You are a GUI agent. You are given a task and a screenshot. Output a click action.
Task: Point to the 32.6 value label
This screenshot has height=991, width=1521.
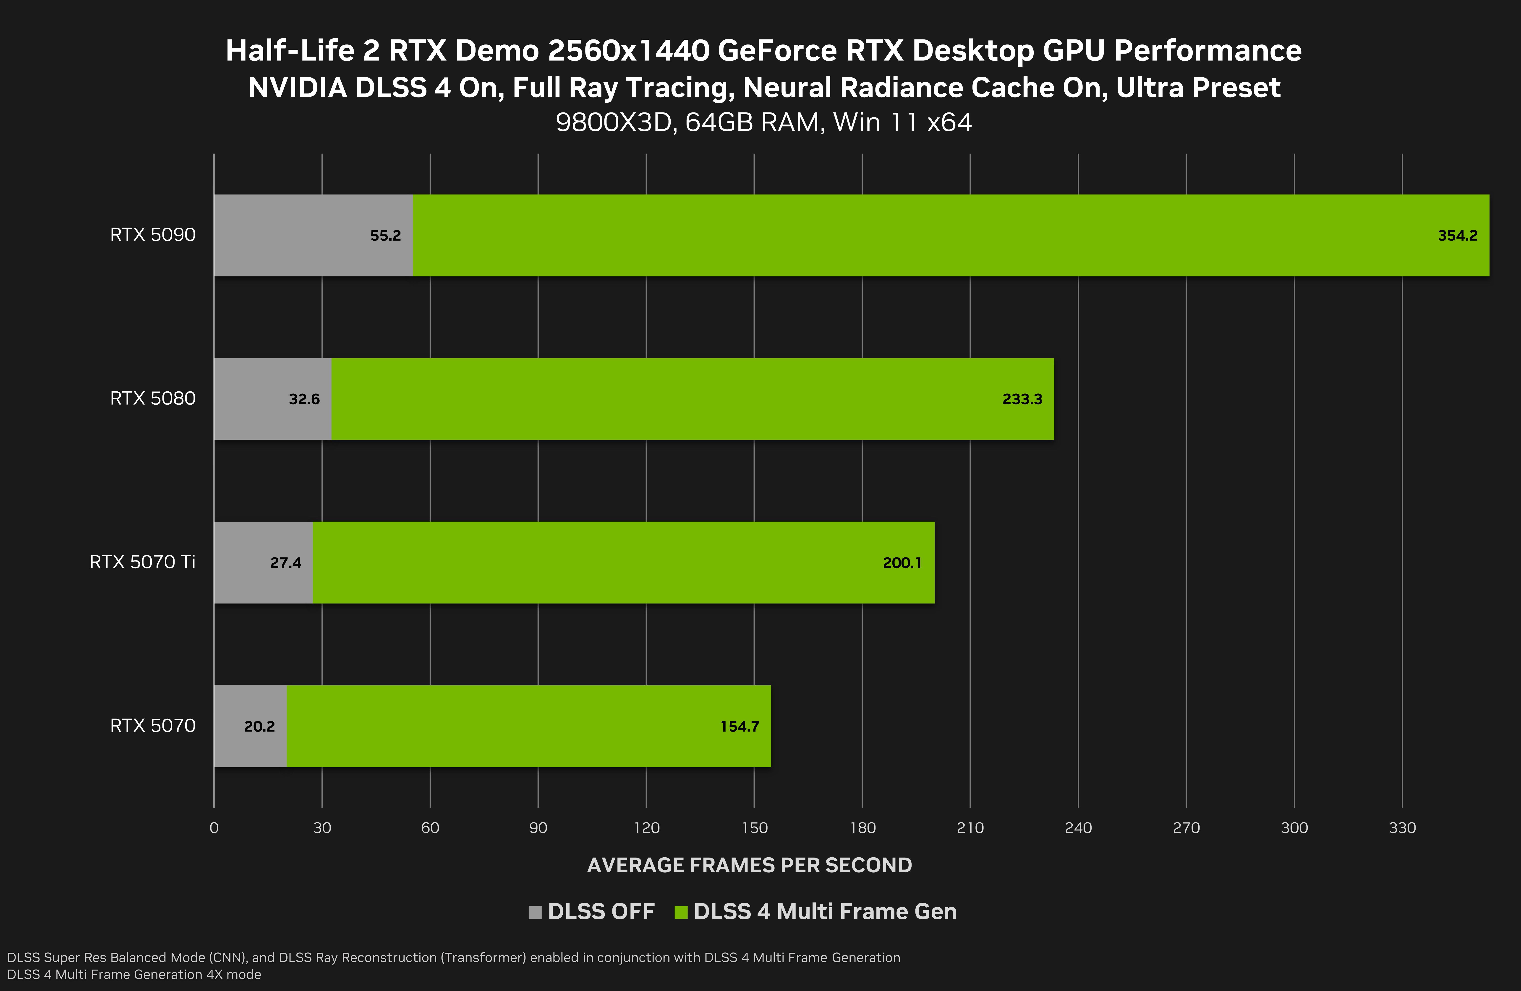click(x=304, y=399)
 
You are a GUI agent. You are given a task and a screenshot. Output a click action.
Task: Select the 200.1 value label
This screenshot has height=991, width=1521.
click(x=902, y=562)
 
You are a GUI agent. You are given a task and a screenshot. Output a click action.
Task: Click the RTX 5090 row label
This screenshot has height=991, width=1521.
click(x=153, y=234)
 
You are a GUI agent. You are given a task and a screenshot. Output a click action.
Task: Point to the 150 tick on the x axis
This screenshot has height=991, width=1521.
click(x=754, y=827)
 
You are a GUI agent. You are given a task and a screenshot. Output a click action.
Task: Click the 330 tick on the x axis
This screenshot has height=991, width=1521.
click(x=1402, y=827)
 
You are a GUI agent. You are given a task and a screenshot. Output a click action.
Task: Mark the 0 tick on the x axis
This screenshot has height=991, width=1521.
click(x=214, y=827)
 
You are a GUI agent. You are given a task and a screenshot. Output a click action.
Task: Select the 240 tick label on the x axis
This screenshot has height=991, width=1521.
click(x=1078, y=827)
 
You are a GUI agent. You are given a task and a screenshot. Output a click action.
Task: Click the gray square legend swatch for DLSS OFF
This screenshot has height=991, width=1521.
click(x=535, y=912)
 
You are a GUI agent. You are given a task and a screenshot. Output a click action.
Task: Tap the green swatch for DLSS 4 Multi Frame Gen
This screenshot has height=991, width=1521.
click(x=681, y=912)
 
